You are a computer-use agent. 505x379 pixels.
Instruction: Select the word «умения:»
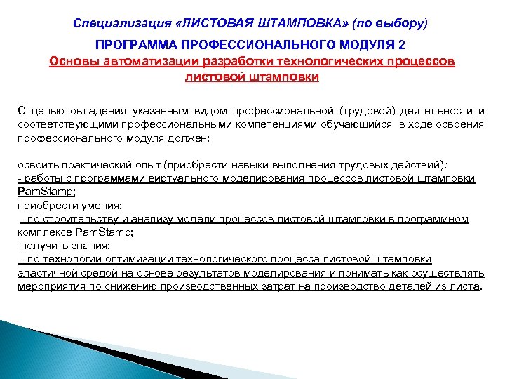97,206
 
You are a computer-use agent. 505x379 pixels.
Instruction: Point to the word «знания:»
88,246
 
